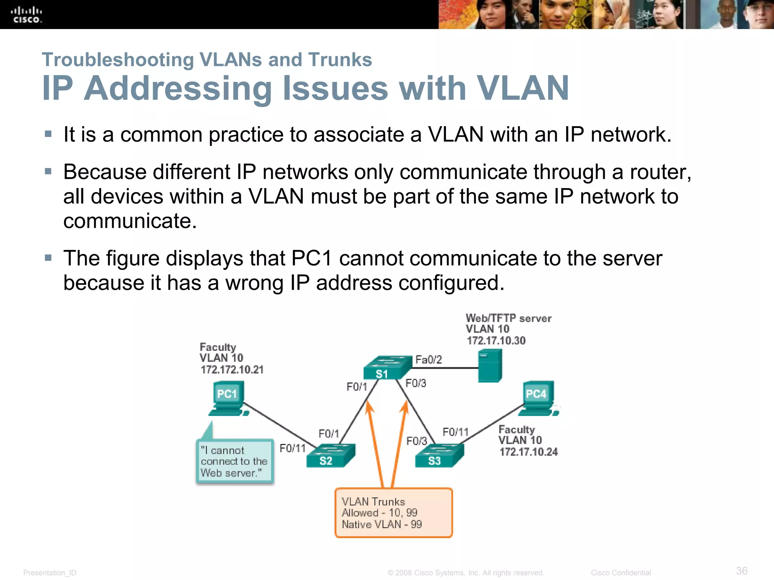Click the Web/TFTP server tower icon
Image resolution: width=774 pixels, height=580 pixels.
(490, 366)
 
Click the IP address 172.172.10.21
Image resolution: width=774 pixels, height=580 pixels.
(232, 370)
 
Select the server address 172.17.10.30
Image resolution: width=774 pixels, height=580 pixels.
(496, 341)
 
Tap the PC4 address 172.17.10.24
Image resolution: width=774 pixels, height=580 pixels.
(528, 452)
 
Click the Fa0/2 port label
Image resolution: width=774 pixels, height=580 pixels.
(428, 359)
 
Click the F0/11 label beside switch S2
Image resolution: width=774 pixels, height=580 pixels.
(292, 448)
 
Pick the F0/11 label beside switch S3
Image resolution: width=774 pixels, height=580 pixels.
(455, 432)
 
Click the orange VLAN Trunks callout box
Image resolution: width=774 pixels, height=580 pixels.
(393, 513)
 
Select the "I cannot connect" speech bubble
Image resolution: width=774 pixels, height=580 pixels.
(235, 461)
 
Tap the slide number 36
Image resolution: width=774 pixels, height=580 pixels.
(741, 571)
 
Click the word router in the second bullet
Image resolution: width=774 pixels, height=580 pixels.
(660, 172)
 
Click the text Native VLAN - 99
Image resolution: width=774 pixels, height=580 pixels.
(382, 524)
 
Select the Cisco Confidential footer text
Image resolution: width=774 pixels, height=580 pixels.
(621, 572)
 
